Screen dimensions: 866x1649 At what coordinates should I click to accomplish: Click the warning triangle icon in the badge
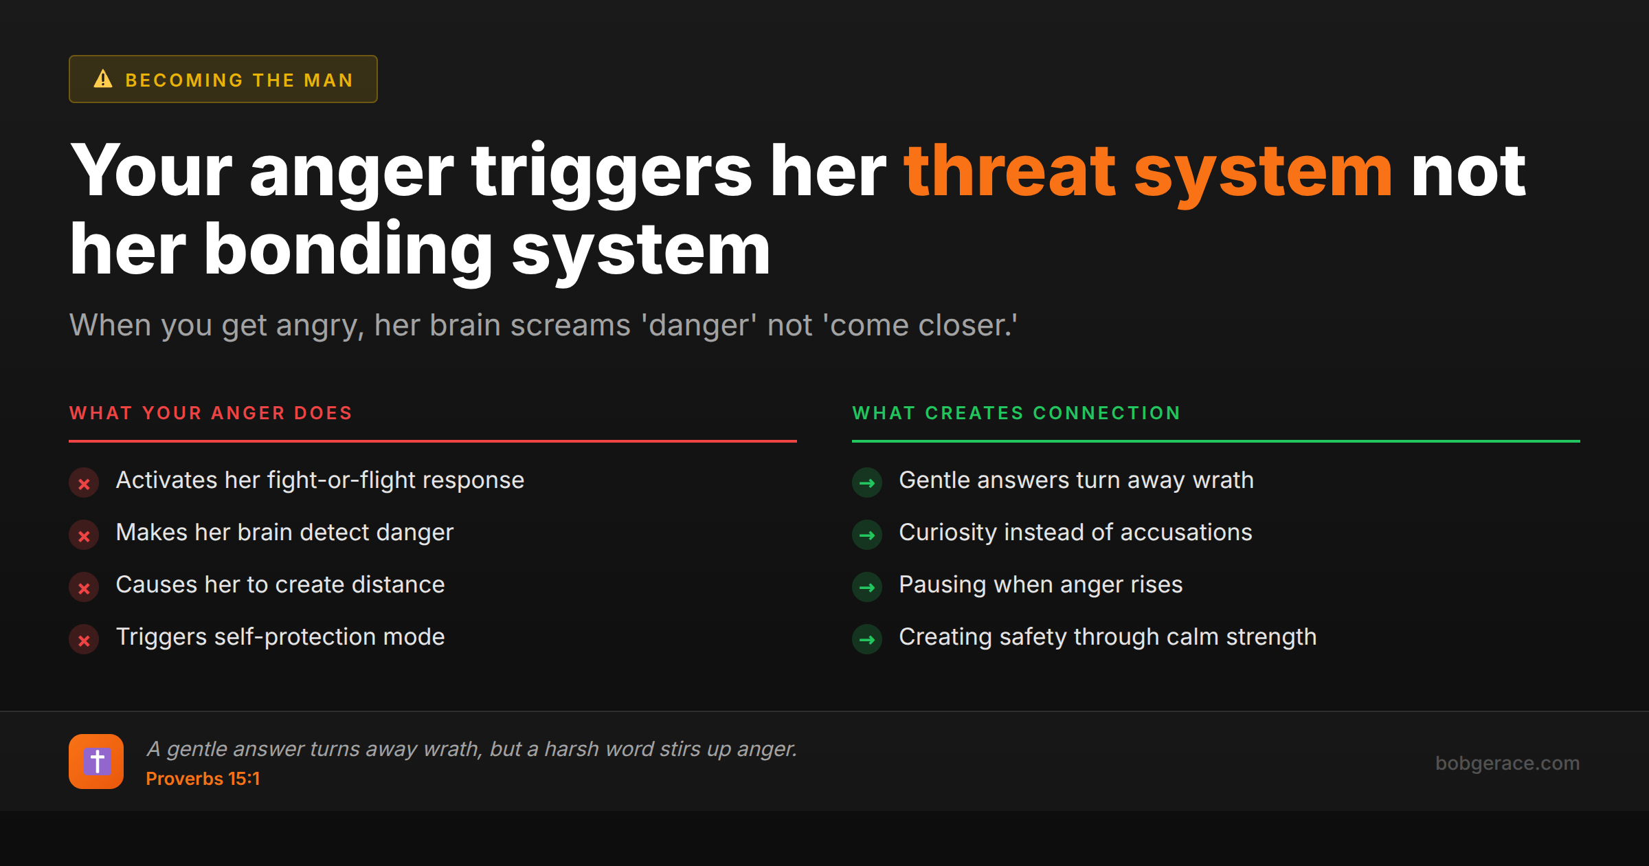(x=103, y=79)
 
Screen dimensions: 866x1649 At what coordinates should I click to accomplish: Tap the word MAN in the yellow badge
(x=328, y=80)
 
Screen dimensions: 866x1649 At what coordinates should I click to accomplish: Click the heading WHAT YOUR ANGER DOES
(x=211, y=413)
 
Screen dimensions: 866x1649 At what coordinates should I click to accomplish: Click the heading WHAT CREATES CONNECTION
(x=1016, y=413)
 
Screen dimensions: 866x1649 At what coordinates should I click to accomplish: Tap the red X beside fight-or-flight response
(x=84, y=483)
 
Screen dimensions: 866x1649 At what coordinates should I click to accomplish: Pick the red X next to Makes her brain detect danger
(x=84, y=535)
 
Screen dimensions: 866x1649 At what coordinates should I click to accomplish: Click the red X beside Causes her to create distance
(x=84, y=588)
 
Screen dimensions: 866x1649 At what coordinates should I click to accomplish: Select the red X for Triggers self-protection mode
(x=84, y=640)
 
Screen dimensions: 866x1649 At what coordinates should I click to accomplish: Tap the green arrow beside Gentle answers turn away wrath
(x=867, y=483)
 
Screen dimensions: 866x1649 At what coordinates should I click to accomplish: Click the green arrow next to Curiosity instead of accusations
(x=867, y=535)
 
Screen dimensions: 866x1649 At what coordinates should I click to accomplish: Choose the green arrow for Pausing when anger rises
(x=867, y=588)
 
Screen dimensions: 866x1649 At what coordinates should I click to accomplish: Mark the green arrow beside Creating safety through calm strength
(x=867, y=640)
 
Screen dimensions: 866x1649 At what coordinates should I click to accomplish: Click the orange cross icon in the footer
(x=96, y=762)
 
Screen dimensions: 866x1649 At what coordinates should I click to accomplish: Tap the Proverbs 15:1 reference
(x=203, y=779)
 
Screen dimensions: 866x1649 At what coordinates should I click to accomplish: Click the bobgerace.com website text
(x=1507, y=763)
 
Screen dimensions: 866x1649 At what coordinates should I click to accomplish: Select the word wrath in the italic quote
(x=453, y=749)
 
